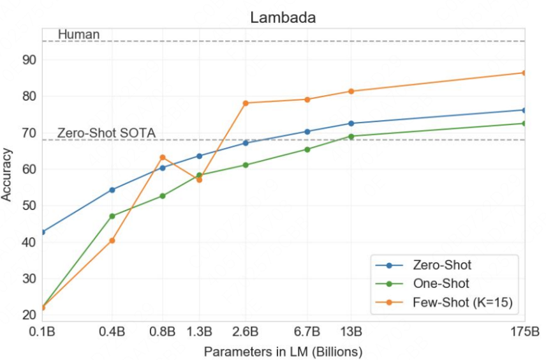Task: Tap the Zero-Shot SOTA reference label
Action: pos(106,133)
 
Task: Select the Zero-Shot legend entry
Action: pos(442,264)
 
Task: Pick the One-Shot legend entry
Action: pos(441,283)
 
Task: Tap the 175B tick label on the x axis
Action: pos(524,331)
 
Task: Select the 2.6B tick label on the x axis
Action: pos(246,331)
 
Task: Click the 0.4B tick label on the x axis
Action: pos(112,331)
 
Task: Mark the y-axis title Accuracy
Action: pos(8,174)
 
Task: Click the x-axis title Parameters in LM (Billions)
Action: pos(283,351)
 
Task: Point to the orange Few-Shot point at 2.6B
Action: pos(246,103)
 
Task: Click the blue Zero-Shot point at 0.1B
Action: pos(42,232)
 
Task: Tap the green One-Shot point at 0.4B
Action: pos(112,216)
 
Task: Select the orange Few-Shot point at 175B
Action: pos(524,73)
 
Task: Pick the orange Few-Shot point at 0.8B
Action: pos(163,157)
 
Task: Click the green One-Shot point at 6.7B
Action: pos(307,149)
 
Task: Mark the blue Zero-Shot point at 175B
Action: pos(524,110)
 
